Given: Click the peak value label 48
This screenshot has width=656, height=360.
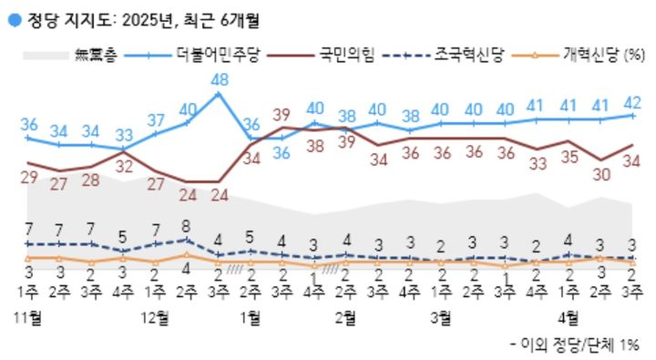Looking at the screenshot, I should coord(219,79).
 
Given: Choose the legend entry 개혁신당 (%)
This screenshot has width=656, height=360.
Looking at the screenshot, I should coord(607,56).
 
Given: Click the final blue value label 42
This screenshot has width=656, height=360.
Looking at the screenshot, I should coord(630,101).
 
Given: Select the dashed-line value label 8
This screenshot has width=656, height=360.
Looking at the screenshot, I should coord(186,226).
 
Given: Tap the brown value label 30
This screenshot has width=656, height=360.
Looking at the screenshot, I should coord(600,176).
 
